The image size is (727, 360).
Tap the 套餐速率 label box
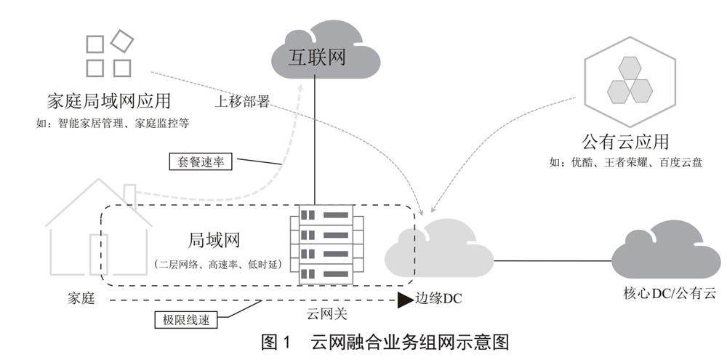[x=200, y=162]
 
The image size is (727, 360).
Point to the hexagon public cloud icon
[x=630, y=79]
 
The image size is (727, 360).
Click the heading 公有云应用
[x=625, y=140]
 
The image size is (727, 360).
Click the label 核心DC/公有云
[x=670, y=295]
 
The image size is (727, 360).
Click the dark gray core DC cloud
[x=664, y=252]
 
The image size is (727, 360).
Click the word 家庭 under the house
[x=79, y=299]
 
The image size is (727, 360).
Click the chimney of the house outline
[x=129, y=193]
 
